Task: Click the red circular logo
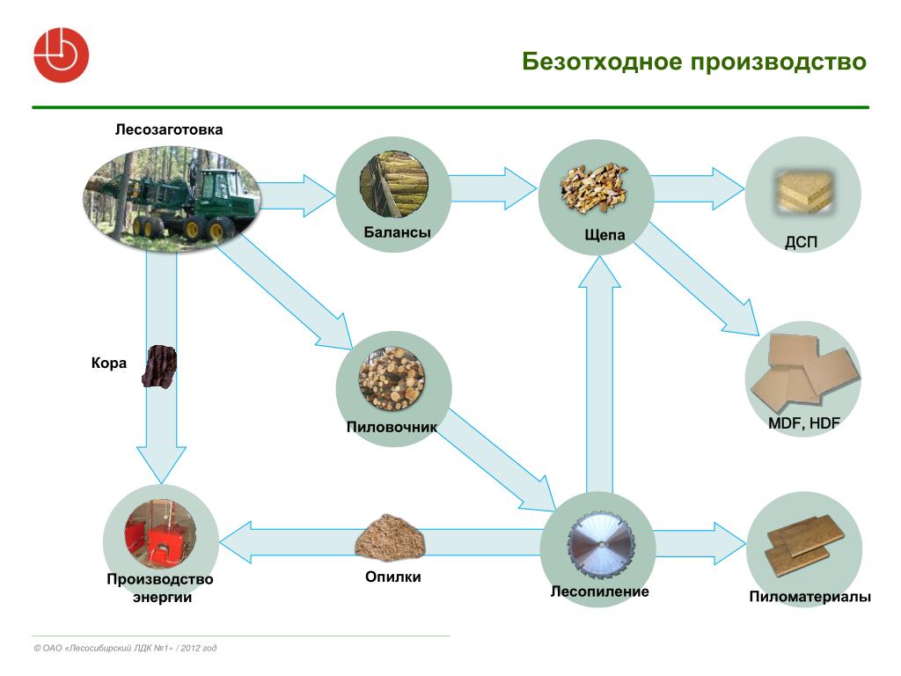pyautogui.click(x=61, y=55)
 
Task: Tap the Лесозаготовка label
pyautogui.click(x=169, y=129)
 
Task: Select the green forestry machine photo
pyautogui.click(x=172, y=197)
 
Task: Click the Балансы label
pyautogui.click(x=397, y=232)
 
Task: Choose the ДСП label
pyautogui.click(x=801, y=242)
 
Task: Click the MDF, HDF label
pyautogui.click(x=804, y=423)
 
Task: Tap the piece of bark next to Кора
pyautogui.click(x=159, y=366)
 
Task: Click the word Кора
pyautogui.click(x=108, y=364)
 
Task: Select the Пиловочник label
pyautogui.click(x=392, y=427)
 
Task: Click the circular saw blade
pyautogui.click(x=601, y=544)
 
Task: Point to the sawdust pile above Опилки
pyautogui.click(x=390, y=538)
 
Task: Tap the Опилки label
pyautogui.click(x=393, y=577)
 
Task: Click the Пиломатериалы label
pyautogui.click(x=809, y=597)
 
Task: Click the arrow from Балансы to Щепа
pyautogui.click(x=493, y=188)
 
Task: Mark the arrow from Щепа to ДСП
pyautogui.click(x=699, y=188)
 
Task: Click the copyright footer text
pyautogui.click(x=125, y=648)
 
